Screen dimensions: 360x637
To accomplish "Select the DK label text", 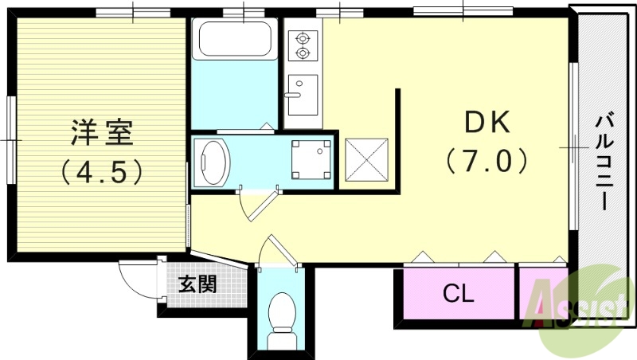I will (487, 123).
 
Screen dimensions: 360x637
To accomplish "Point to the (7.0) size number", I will (487, 162).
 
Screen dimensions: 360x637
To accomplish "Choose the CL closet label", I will (458, 294).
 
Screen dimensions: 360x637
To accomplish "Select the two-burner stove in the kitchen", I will (303, 45).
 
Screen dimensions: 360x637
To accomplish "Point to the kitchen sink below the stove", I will (303, 94).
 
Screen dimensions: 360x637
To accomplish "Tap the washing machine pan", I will (311, 158).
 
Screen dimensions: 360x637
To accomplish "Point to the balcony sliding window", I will (573, 148).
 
